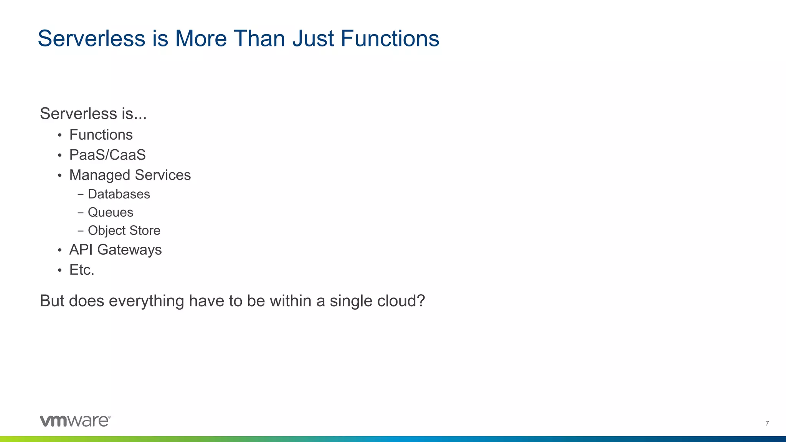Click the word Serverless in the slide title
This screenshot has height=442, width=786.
(91, 39)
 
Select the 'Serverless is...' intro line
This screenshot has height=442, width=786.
(93, 114)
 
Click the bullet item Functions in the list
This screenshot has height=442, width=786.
(101, 135)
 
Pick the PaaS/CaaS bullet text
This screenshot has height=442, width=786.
(107, 155)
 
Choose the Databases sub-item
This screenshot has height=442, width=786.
(119, 194)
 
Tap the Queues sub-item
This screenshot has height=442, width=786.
(111, 212)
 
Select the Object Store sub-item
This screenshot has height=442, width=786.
(124, 230)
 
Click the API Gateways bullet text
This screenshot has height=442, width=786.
(116, 250)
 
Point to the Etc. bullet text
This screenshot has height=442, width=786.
(82, 270)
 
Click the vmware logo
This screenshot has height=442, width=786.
(75, 421)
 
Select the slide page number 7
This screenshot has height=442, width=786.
(767, 423)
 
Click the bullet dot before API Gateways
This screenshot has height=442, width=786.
(59, 251)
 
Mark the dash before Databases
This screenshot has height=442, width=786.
(80, 195)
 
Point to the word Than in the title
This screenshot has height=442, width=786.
(259, 39)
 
